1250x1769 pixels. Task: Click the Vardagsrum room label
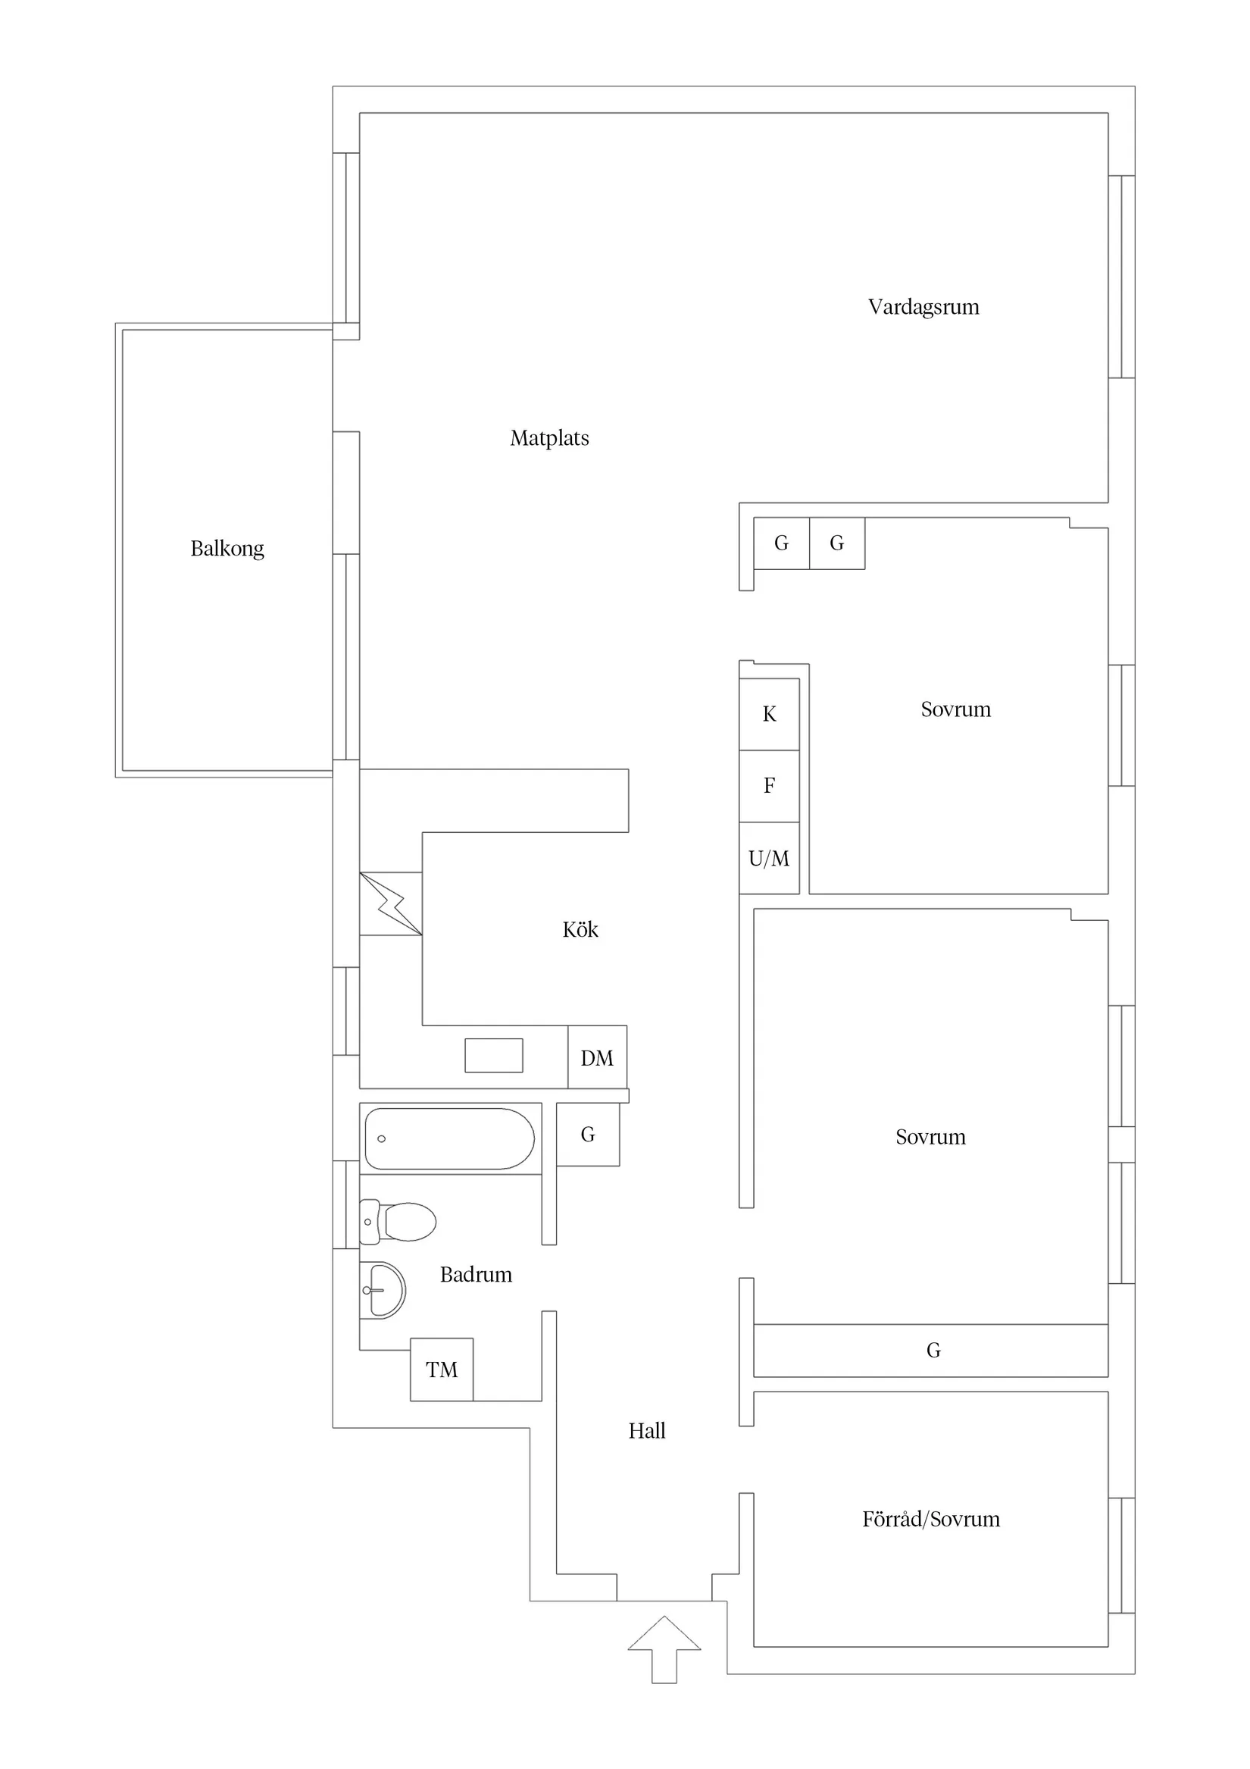tap(923, 308)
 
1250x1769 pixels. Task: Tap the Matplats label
tap(549, 438)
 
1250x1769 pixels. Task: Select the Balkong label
tap(227, 549)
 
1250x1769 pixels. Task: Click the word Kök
tap(580, 929)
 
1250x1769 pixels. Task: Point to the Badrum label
tap(476, 1274)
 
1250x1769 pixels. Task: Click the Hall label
tap(647, 1431)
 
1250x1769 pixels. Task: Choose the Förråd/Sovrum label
tap(931, 1519)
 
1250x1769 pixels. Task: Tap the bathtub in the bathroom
tap(450, 1138)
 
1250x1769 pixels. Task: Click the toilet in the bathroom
tap(398, 1221)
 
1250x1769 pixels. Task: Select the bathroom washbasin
tap(383, 1290)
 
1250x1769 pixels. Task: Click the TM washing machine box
tap(442, 1369)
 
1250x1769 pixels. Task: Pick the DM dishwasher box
tap(598, 1057)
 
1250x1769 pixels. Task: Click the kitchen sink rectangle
tap(494, 1055)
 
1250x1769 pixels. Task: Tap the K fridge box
tap(770, 714)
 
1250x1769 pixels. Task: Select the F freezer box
tap(770, 786)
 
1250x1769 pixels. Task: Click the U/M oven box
tap(770, 857)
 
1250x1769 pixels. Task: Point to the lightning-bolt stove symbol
tap(390, 903)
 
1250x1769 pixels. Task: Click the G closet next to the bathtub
tap(588, 1134)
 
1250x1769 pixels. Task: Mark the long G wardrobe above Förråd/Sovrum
tap(930, 1350)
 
